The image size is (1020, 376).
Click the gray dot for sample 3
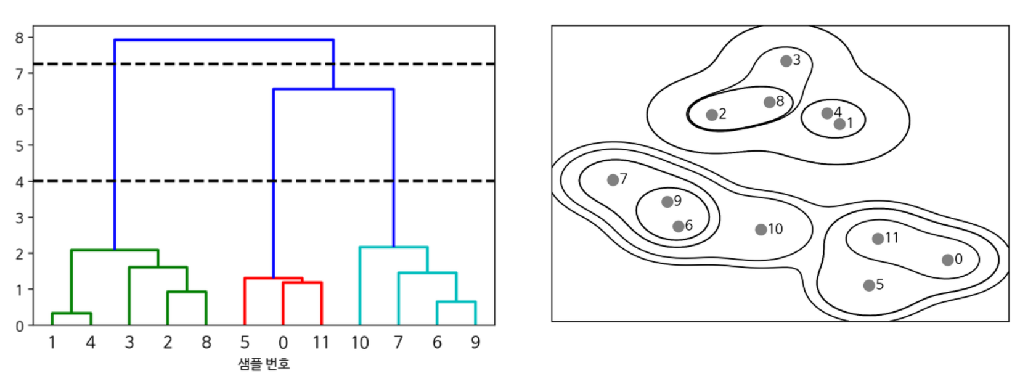click(786, 61)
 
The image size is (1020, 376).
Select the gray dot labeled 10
click(761, 230)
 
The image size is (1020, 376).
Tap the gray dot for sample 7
click(613, 180)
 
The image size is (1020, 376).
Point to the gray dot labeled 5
click(869, 285)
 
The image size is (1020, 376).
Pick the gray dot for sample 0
click(948, 260)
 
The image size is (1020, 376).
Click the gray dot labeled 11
click(878, 239)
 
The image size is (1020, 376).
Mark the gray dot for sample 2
click(712, 115)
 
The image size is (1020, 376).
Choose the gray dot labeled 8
click(770, 102)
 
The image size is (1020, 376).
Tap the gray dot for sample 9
click(667, 202)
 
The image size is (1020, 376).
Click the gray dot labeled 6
click(678, 226)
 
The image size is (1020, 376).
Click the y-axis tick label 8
click(19, 38)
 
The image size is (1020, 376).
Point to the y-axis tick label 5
click(19, 145)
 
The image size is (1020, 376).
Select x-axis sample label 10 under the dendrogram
click(360, 342)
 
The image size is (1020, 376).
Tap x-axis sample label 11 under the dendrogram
click(321, 342)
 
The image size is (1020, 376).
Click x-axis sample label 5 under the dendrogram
click(245, 342)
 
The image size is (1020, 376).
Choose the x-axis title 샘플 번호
click(264, 364)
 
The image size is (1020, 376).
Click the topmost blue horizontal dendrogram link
click(224, 40)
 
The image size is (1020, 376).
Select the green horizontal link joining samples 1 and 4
click(71, 313)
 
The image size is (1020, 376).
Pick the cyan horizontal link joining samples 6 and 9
click(456, 302)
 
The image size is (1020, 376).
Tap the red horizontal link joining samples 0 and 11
click(303, 283)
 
